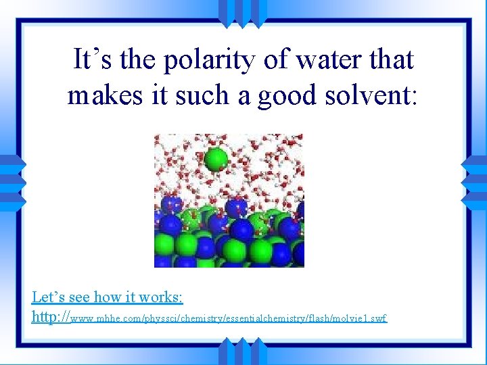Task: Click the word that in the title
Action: [x=390, y=59]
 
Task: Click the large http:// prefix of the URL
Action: [x=51, y=316]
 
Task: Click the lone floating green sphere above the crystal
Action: [x=216, y=160]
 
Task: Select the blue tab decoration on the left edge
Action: [x=11, y=182]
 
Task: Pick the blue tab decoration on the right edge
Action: [x=476, y=182]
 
